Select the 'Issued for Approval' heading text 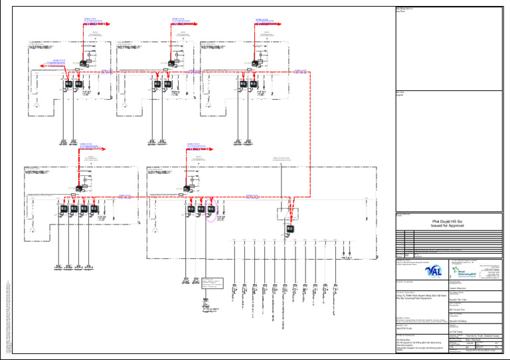(x=450, y=226)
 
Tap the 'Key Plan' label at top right (x=399, y=11)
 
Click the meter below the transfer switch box (x=290, y=230)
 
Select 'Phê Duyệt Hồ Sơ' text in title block (x=450, y=220)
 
